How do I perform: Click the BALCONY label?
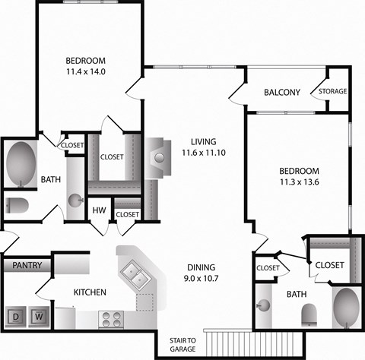(x=282, y=93)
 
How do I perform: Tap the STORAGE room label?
(x=332, y=91)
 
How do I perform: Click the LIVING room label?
(x=204, y=141)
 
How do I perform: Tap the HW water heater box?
(x=99, y=210)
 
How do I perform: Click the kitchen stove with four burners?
(x=112, y=320)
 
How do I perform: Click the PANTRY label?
(x=27, y=266)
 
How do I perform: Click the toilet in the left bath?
(x=17, y=204)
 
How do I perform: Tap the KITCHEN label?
(x=90, y=292)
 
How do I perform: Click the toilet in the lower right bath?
(x=309, y=312)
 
